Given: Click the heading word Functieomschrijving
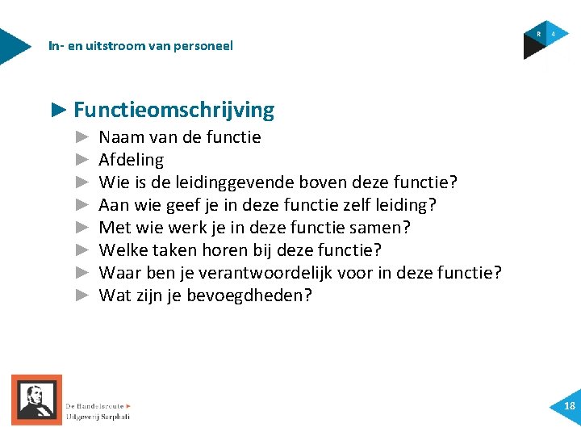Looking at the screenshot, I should (173, 110).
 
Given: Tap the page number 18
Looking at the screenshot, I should (570, 406).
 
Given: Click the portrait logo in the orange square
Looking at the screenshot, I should (36, 400).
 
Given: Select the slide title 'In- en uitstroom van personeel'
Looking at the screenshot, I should (140, 46).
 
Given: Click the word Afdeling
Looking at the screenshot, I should (131, 160).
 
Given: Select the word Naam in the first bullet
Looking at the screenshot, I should (119, 137).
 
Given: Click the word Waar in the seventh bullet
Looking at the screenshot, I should (119, 273).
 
